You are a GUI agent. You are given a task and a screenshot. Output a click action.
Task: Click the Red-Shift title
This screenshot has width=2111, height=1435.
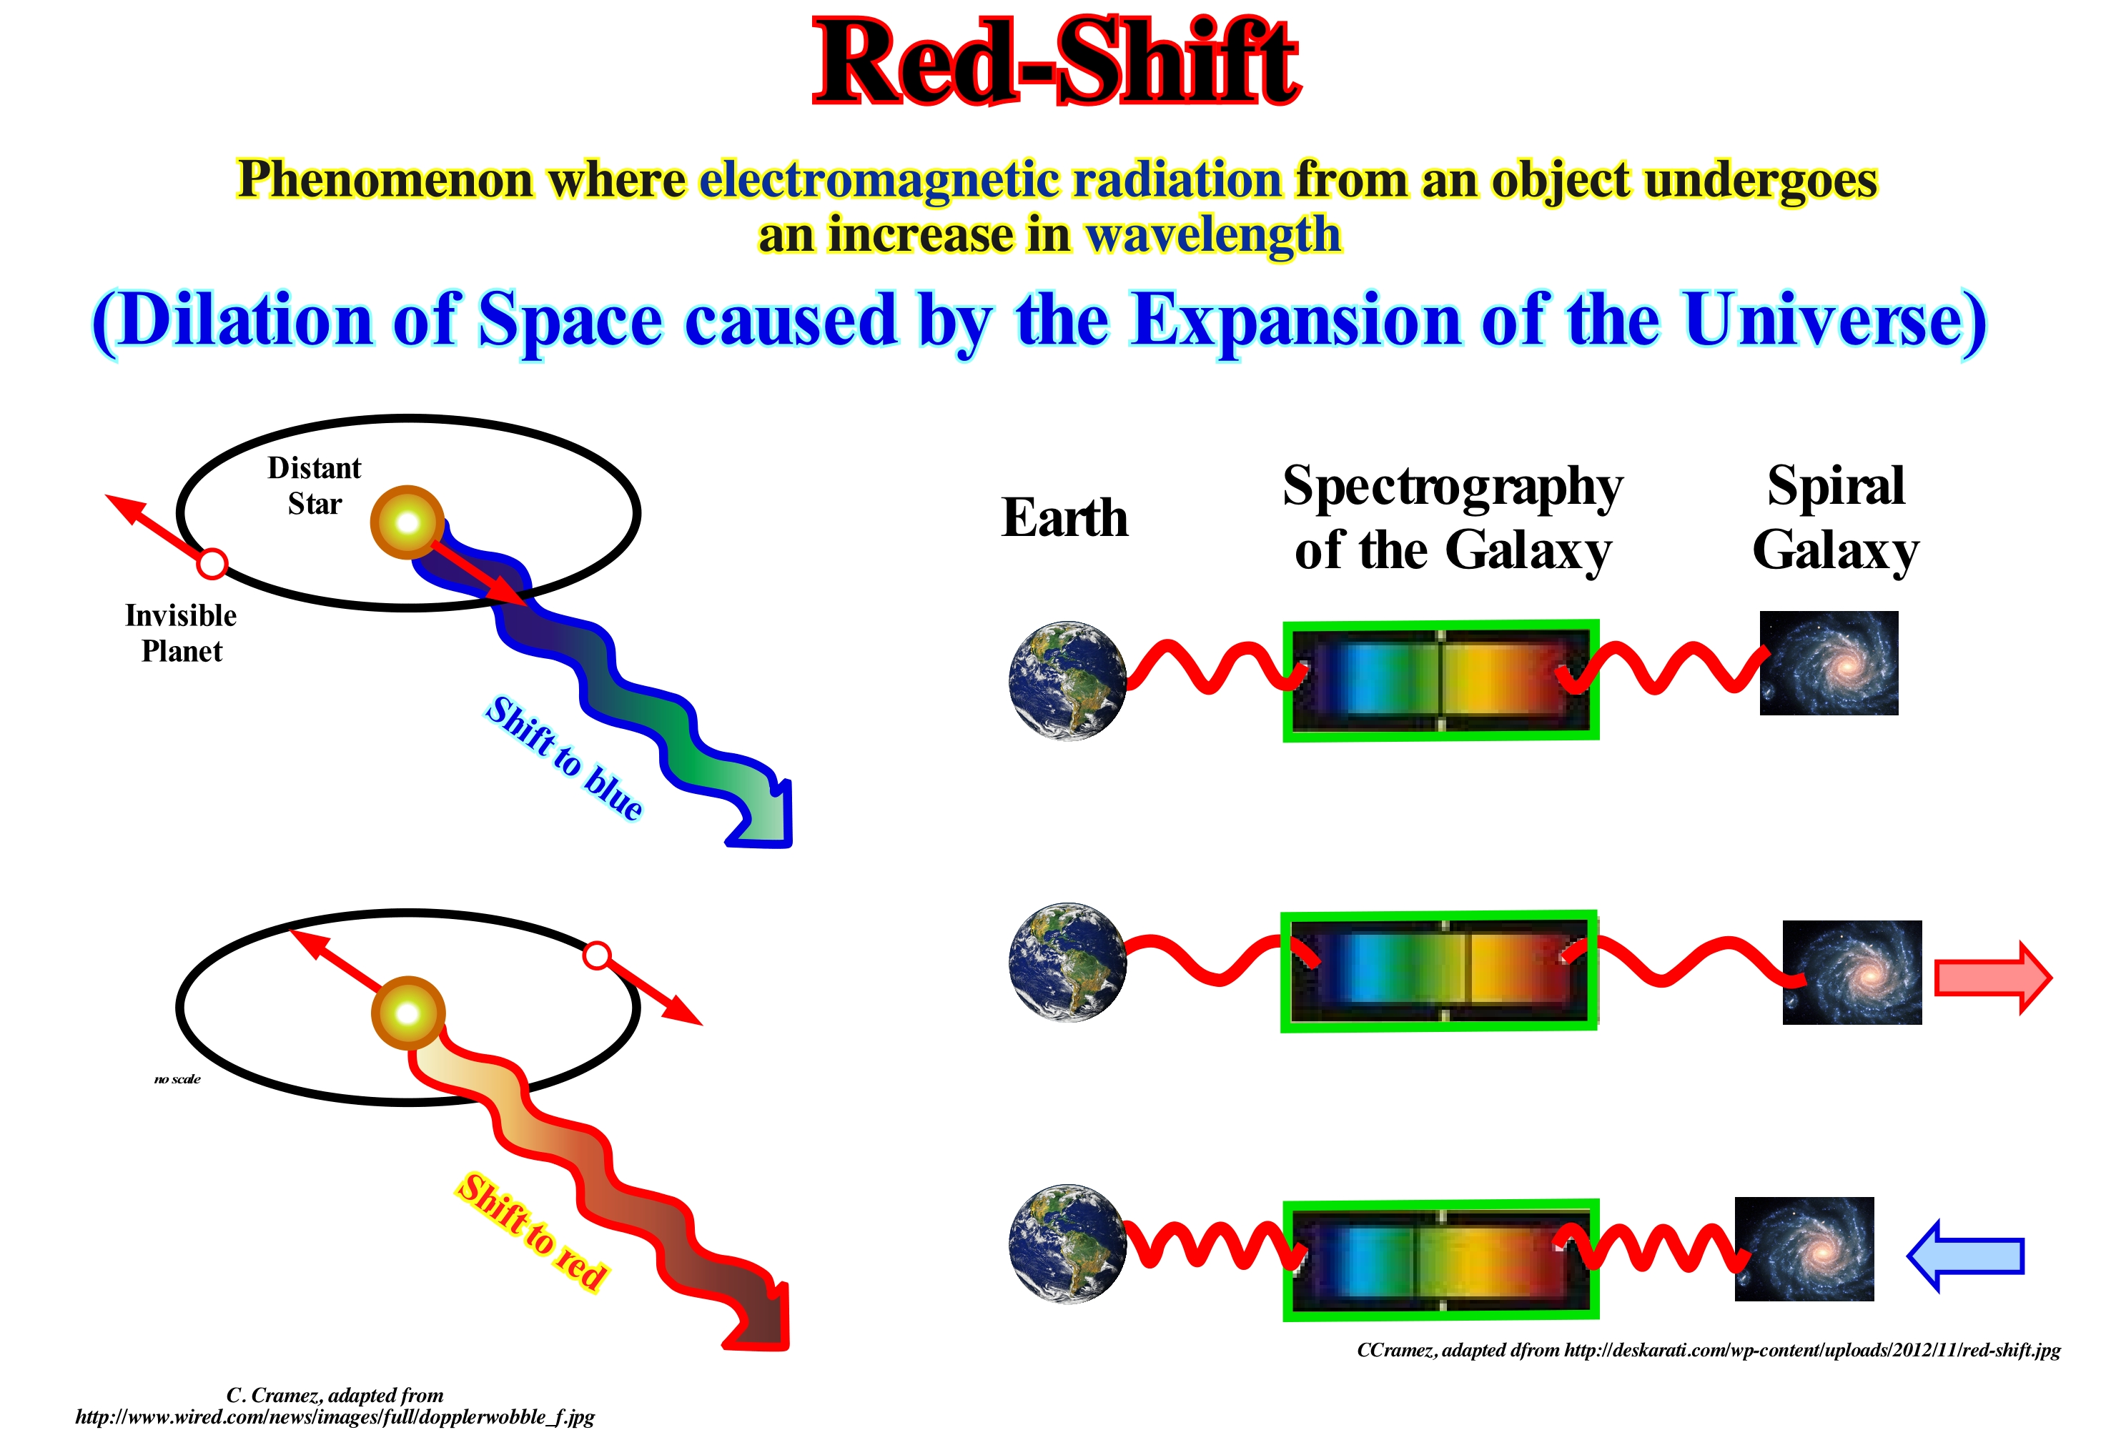pos(1057,61)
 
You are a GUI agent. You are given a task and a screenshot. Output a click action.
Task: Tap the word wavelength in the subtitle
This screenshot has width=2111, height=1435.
pos(1214,234)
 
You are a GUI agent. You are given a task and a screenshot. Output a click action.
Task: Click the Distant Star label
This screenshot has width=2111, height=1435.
pos(315,485)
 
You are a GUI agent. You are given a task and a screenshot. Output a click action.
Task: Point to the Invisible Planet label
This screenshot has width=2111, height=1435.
pos(181,633)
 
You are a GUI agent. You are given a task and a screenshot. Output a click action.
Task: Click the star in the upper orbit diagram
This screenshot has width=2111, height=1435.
pos(408,522)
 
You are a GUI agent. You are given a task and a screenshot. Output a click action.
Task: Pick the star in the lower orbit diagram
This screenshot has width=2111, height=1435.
pos(408,1013)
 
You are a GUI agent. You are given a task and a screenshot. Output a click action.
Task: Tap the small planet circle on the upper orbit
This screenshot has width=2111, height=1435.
pos(212,564)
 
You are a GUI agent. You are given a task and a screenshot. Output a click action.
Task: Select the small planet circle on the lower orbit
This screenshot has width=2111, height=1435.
pos(596,955)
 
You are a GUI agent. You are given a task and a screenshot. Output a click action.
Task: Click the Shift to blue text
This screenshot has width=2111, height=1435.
pos(564,758)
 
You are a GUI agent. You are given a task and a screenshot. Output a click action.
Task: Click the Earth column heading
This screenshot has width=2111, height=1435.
pos(1064,517)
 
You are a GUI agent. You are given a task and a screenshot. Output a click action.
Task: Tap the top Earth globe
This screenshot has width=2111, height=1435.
pos(1067,680)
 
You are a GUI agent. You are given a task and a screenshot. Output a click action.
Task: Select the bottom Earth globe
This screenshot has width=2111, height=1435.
pos(1067,1243)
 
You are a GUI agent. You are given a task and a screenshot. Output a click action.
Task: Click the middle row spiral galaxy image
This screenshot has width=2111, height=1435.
pos(1852,973)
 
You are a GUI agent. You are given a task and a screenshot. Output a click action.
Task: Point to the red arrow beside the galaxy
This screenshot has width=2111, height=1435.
pos(1993,977)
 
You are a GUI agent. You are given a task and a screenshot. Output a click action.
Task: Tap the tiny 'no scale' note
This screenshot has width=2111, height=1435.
pos(177,1079)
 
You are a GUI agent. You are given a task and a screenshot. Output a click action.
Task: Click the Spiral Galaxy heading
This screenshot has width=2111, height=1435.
pos(1835,517)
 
